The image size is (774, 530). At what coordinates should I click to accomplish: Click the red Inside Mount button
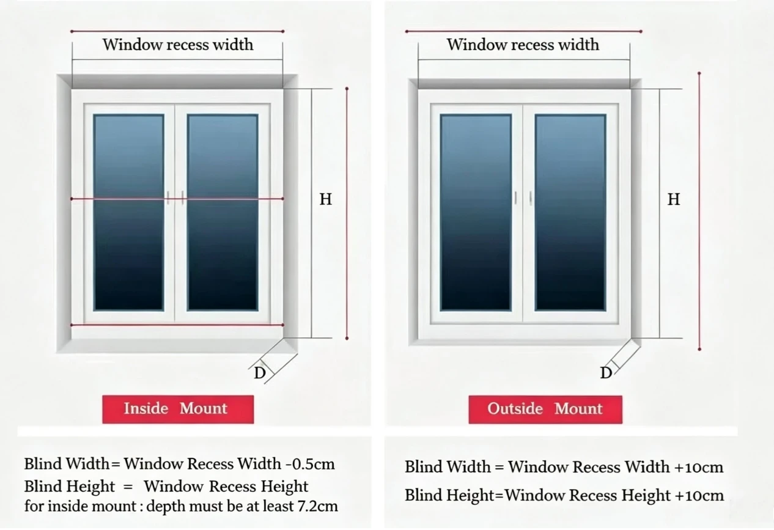178,409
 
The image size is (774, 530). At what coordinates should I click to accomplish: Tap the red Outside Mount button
545,410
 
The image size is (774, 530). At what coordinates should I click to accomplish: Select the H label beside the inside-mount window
325,199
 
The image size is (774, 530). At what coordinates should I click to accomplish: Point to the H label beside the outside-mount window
674,199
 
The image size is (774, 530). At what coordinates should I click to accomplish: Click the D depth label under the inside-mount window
260,373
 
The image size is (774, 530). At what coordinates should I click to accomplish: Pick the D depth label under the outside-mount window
606,373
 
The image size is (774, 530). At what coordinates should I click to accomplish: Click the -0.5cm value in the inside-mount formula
310,464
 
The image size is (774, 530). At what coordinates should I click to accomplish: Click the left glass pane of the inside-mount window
128,213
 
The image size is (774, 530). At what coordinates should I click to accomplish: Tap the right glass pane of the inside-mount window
223,213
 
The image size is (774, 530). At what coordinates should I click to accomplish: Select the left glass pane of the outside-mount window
476,213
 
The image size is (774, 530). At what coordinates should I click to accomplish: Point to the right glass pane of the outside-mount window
570,213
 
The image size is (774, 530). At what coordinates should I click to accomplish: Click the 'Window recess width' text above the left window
178,45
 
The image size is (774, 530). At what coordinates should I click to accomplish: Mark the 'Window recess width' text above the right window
523,45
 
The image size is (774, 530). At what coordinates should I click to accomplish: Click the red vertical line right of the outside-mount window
699,212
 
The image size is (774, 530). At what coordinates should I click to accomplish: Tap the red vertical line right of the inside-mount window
347,213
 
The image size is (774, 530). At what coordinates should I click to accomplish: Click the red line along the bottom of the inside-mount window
177,325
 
